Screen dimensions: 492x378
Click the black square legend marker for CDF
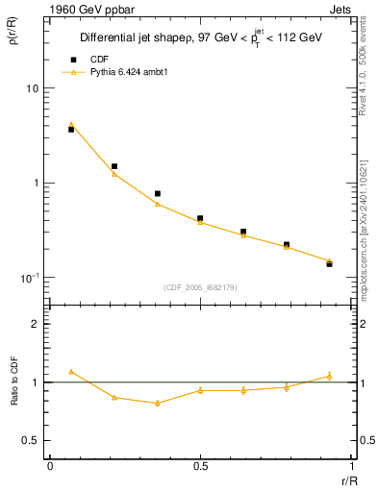coord(70,58)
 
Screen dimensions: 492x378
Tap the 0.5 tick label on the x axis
coord(200,465)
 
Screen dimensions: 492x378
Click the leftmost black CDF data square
coord(71,129)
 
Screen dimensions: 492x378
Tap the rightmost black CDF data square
coord(329,263)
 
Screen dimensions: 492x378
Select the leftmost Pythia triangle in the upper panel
coord(71,124)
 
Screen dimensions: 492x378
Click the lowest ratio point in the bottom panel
coord(157,403)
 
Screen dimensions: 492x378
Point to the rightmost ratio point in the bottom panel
coord(329,376)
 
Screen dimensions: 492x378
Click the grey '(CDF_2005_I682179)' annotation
coord(200,286)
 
